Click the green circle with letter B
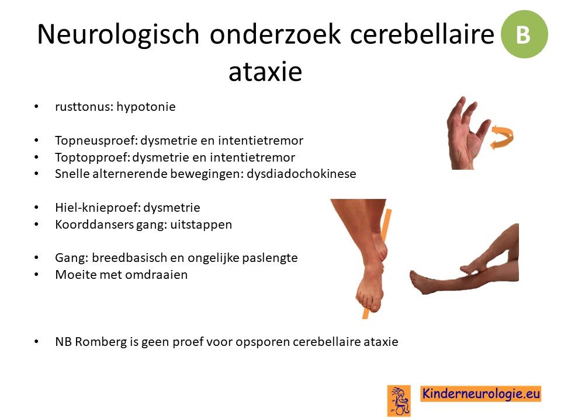point(524,34)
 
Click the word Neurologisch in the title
point(118,34)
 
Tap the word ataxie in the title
point(265,71)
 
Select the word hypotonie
point(146,107)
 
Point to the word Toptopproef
point(92,157)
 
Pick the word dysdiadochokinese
point(302,174)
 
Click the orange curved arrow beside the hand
point(501,137)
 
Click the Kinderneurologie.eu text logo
point(480,394)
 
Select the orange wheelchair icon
point(399,401)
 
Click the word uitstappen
point(201,225)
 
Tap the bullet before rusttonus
point(36,107)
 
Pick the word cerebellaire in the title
point(422,34)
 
